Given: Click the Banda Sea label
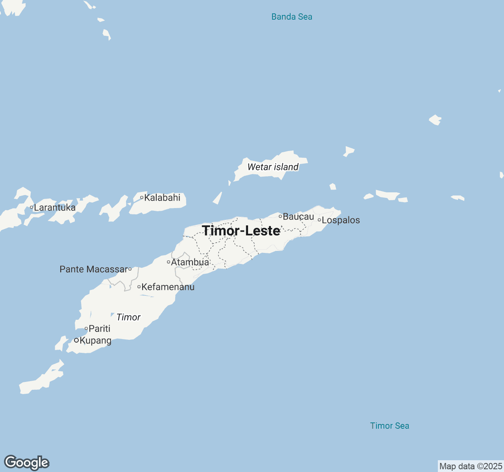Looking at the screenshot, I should pos(292,17).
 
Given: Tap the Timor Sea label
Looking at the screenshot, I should pos(389,426).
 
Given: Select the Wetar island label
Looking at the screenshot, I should pos(273,167).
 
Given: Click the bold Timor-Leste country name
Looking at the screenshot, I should pos(241,230).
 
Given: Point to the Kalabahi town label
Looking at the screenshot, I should pos(162,197).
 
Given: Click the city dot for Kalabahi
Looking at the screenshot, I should pos(142,197).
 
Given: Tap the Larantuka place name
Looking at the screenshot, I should pos(55,207).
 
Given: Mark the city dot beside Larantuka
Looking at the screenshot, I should pos(31,207).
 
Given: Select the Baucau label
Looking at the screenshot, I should pos(298,216).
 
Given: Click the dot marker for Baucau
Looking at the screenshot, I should pos(280,216).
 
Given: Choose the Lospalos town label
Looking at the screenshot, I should pos(341,220).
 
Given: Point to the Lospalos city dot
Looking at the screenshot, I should pos(319,220).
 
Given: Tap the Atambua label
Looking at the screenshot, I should pos(190,262).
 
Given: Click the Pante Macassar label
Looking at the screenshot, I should pos(94,269).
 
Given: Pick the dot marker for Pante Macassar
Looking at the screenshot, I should pos(130,269).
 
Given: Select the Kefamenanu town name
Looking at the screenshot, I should pos(168,287).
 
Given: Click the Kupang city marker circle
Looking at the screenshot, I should pos(76,340).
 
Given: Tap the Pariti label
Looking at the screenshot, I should pos(99,328).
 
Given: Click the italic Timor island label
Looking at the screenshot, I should pos(128,317).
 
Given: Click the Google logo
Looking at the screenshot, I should pos(26,463).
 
